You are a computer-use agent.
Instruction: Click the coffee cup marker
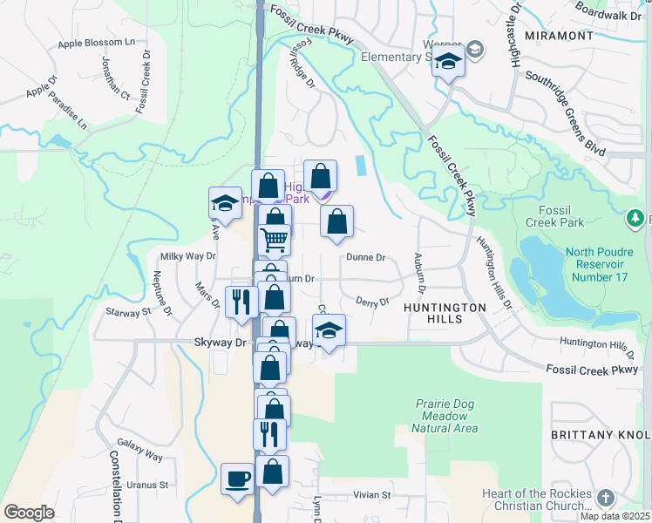(x=238, y=479)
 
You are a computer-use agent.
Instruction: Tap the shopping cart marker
(x=275, y=238)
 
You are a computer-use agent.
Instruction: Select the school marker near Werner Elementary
(x=449, y=63)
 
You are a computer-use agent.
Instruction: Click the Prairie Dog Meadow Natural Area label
(x=445, y=416)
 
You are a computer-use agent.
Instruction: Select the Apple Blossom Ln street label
(x=97, y=44)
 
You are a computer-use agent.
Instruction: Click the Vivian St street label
(x=372, y=495)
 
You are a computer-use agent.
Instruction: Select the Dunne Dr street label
(x=365, y=258)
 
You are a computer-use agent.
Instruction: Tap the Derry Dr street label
(x=372, y=302)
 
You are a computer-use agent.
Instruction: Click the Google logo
(x=29, y=512)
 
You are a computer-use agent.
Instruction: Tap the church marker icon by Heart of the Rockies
(x=606, y=498)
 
